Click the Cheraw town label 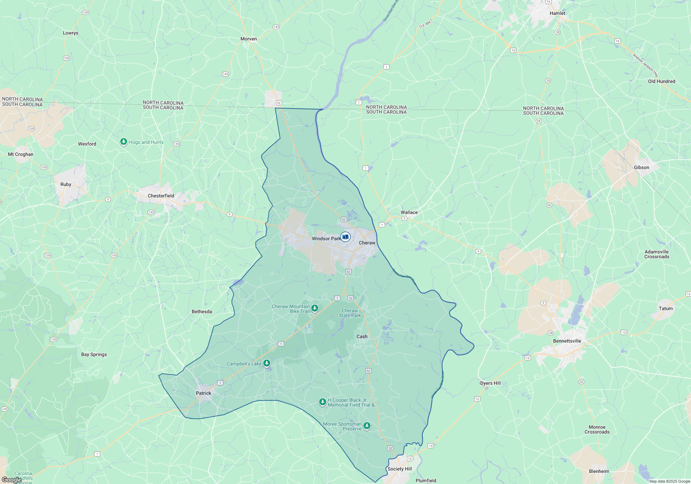click(x=367, y=243)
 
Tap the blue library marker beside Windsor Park click(x=345, y=237)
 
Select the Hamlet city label click(x=557, y=13)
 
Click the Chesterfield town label click(x=161, y=196)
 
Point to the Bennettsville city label click(x=567, y=341)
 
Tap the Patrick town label click(x=203, y=393)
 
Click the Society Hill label click(x=399, y=469)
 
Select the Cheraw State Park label click(x=350, y=313)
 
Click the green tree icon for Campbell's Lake click(x=266, y=363)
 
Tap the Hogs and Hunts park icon click(x=123, y=142)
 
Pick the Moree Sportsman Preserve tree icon click(x=367, y=426)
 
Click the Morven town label click(x=248, y=39)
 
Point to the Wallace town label click(x=409, y=212)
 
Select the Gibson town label click(x=641, y=167)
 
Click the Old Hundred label click(x=661, y=81)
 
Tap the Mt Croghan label click(x=21, y=154)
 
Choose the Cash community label click(x=362, y=336)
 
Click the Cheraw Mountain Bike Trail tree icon click(x=314, y=308)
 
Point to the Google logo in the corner click(x=11, y=480)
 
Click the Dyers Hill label click(x=490, y=383)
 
